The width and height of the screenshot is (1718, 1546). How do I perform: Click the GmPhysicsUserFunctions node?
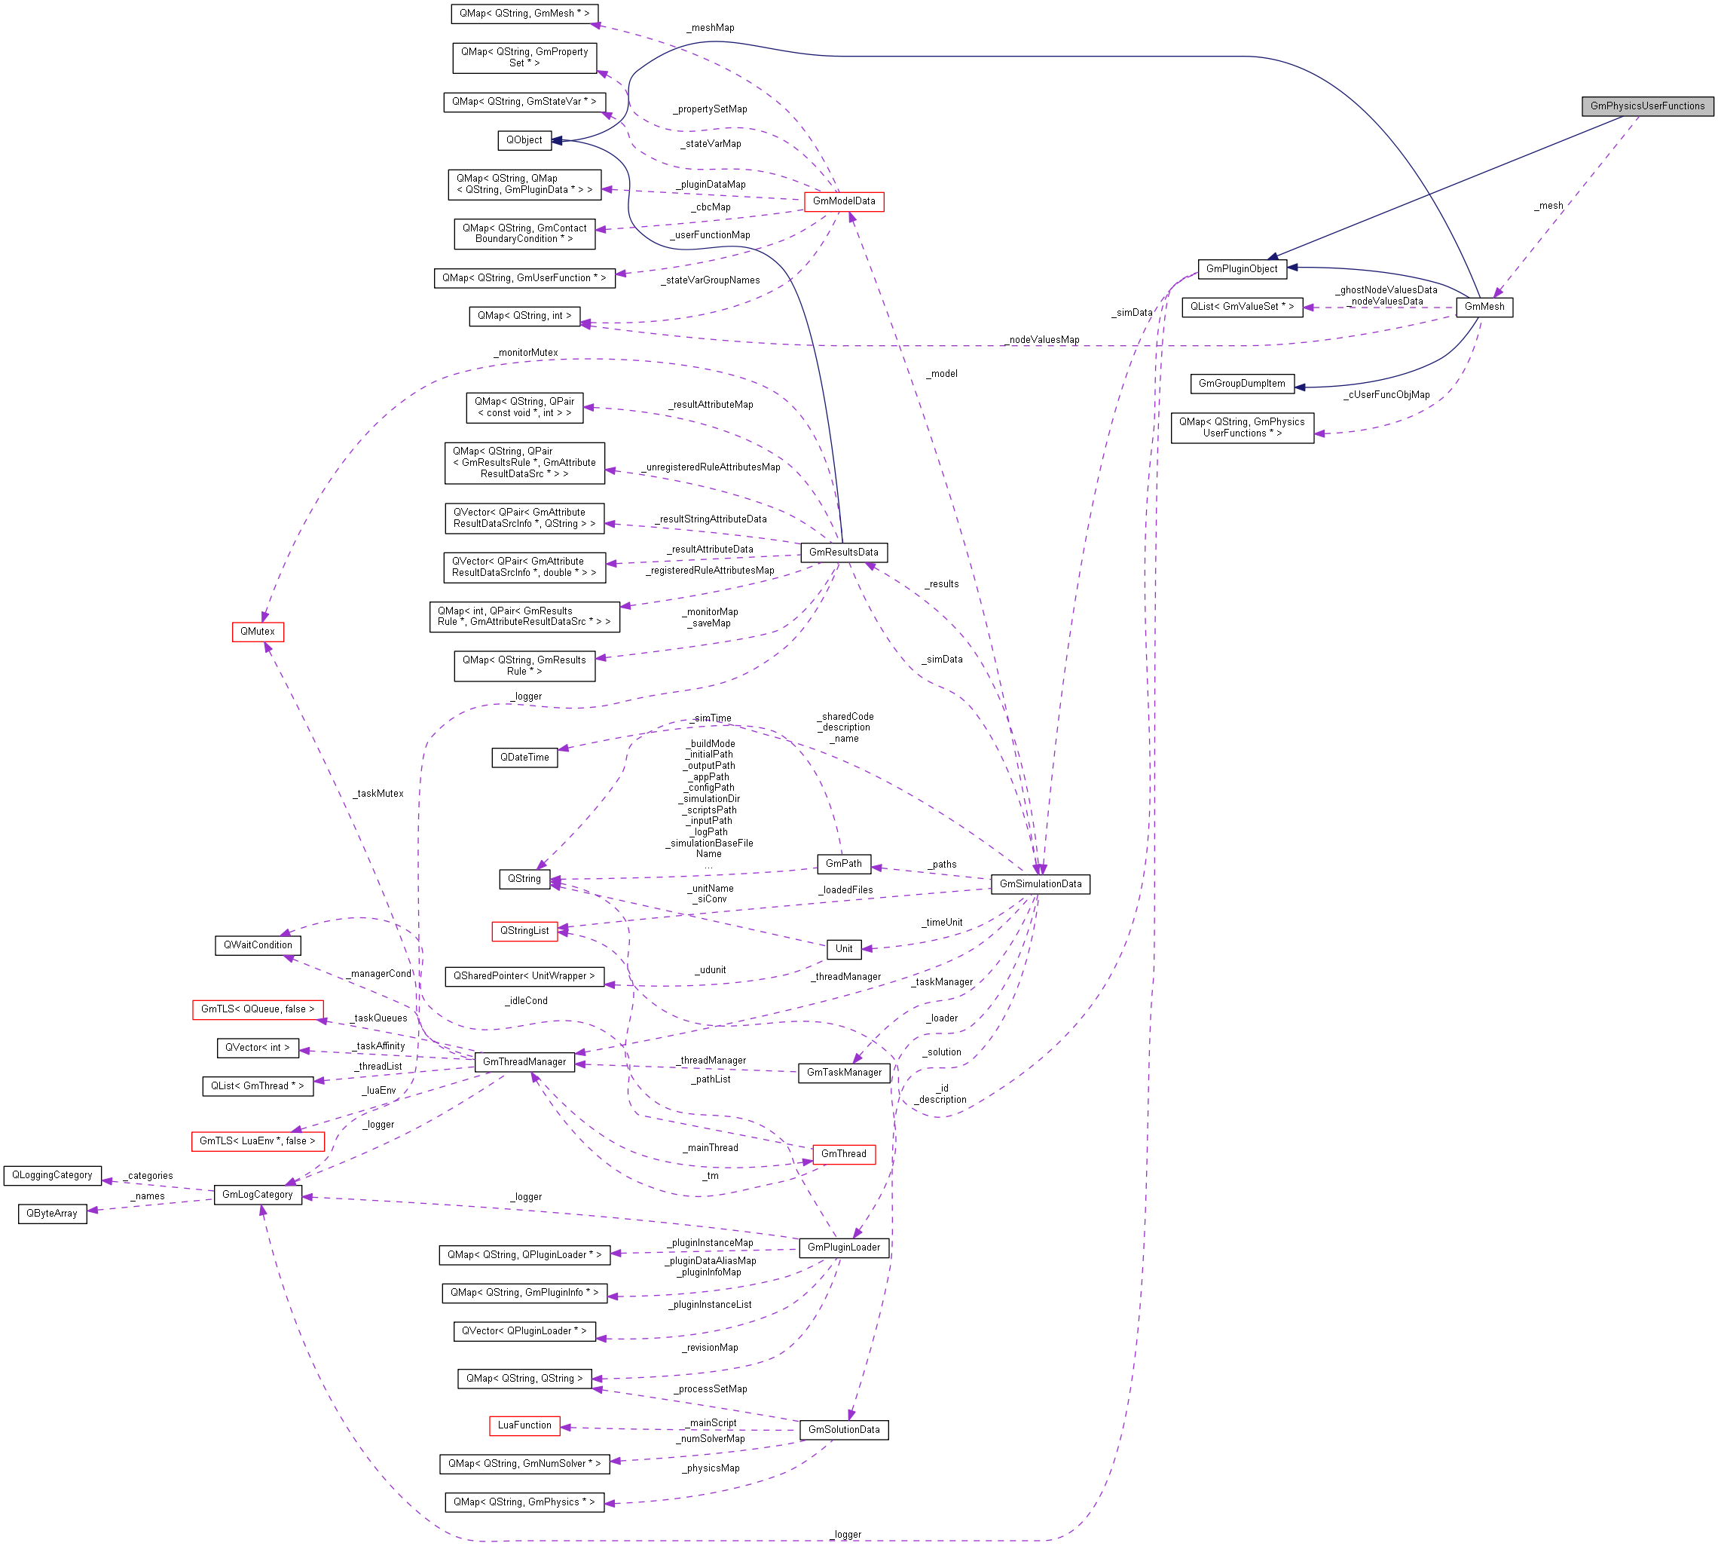coord(1646,106)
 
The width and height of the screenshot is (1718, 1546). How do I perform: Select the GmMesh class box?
coord(1484,307)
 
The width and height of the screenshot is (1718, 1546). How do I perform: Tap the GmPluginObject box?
coord(1242,269)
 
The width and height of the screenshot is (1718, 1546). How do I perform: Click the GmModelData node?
coord(843,201)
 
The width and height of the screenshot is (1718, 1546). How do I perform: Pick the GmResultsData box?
coord(843,552)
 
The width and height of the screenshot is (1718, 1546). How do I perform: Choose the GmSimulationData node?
coord(1041,884)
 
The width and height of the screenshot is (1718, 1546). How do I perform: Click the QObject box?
coord(524,140)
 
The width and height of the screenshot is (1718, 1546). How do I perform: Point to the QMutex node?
coord(257,632)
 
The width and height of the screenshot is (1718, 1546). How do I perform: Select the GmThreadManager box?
coord(524,1062)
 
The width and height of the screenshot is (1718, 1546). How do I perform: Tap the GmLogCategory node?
coord(257,1194)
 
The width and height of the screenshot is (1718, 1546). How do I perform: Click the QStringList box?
coord(524,931)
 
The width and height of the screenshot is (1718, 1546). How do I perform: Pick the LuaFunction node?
coord(524,1425)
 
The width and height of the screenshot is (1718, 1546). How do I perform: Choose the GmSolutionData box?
coord(843,1430)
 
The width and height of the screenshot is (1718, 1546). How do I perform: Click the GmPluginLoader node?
coord(843,1247)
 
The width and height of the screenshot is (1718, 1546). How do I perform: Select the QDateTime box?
coord(524,758)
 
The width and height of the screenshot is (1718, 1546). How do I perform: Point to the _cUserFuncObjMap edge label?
coord(1386,395)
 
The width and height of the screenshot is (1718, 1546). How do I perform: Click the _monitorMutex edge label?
coord(527,353)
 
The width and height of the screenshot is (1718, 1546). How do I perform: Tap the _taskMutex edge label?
coord(379,794)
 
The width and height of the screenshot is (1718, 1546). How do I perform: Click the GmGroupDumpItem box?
coord(1242,384)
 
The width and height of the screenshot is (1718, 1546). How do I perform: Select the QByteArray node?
coord(52,1214)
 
